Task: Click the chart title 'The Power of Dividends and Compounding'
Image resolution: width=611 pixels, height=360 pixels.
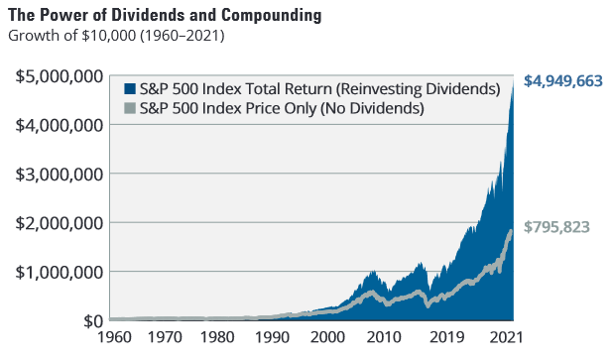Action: click(x=165, y=15)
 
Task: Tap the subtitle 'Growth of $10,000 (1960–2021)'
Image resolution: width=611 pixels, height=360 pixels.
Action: click(x=116, y=36)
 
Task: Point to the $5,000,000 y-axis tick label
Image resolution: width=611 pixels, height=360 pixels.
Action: click(x=60, y=76)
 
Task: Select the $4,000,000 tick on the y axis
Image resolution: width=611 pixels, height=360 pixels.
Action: click(x=60, y=125)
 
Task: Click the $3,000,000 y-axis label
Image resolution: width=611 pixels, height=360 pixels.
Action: click(x=60, y=175)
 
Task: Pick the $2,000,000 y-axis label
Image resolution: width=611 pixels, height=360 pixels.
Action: click(x=60, y=223)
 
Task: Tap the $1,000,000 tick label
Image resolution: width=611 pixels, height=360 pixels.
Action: click(x=60, y=272)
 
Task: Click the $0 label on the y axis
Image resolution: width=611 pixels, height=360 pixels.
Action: click(x=93, y=321)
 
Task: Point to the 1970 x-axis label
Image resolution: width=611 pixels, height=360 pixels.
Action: click(x=165, y=337)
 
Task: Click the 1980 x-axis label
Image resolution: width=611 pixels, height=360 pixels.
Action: click(x=217, y=337)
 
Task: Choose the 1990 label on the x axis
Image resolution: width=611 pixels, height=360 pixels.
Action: click(x=273, y=337)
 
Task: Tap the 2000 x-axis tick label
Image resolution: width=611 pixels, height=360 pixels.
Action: click(x=327, y=337)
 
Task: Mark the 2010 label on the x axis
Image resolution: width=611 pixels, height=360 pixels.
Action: click(x=384, y=337)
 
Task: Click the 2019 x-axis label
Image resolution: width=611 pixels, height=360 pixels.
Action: click(x=447, y=337)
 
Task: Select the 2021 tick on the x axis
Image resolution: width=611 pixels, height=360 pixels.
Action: click(x=506, y=337)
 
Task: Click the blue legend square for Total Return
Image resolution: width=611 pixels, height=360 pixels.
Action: click(x=130, y=89)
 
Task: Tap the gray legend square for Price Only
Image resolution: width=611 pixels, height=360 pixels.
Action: click(x=130, y=108)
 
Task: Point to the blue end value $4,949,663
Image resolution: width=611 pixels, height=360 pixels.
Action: click(x=563, y=81)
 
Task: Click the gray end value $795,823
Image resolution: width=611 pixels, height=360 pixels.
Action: click(x=556, y=227)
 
